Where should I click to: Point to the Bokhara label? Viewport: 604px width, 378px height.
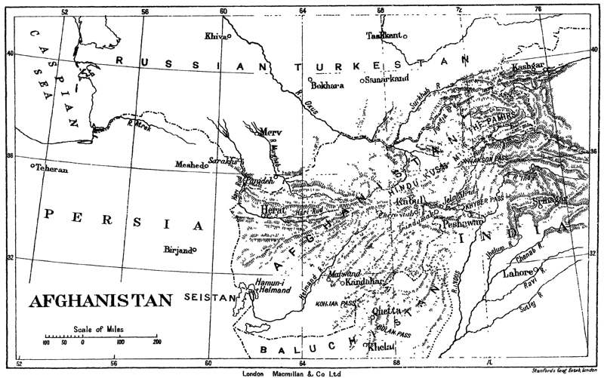(x=328, y=85)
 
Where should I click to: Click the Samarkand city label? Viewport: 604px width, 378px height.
(x=387, y=79)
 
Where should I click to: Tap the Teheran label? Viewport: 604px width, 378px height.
(x=51, y=170)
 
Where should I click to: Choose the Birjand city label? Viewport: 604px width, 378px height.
(x=177, y=249)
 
